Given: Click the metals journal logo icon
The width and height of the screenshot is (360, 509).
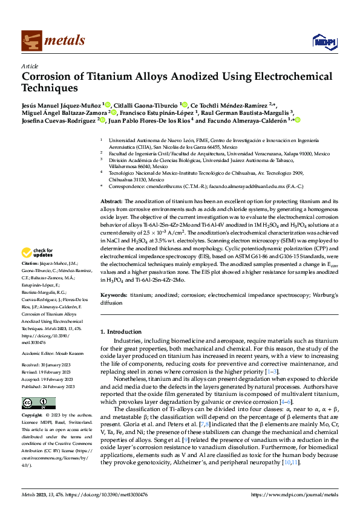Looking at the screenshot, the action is point(30,41).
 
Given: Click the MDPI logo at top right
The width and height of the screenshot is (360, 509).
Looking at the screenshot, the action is point(324,41).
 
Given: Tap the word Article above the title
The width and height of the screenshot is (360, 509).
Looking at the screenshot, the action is point(29,66).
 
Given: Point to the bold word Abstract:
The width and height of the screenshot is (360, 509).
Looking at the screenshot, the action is point(111,201).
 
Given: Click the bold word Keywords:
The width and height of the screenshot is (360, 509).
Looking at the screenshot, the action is point(114,295).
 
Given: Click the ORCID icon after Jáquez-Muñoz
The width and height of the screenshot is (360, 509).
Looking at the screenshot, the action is point(107,104).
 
